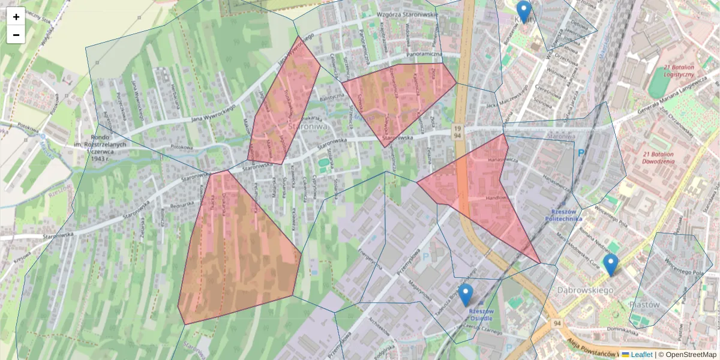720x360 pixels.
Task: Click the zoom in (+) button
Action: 16,17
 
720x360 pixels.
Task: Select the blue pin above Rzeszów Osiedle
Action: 465,295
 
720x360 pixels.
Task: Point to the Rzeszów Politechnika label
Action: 563,215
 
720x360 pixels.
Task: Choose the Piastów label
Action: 644,305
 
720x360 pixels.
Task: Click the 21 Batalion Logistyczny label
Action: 679,71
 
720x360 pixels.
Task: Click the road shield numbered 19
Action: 457,128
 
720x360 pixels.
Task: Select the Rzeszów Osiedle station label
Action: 481,314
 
